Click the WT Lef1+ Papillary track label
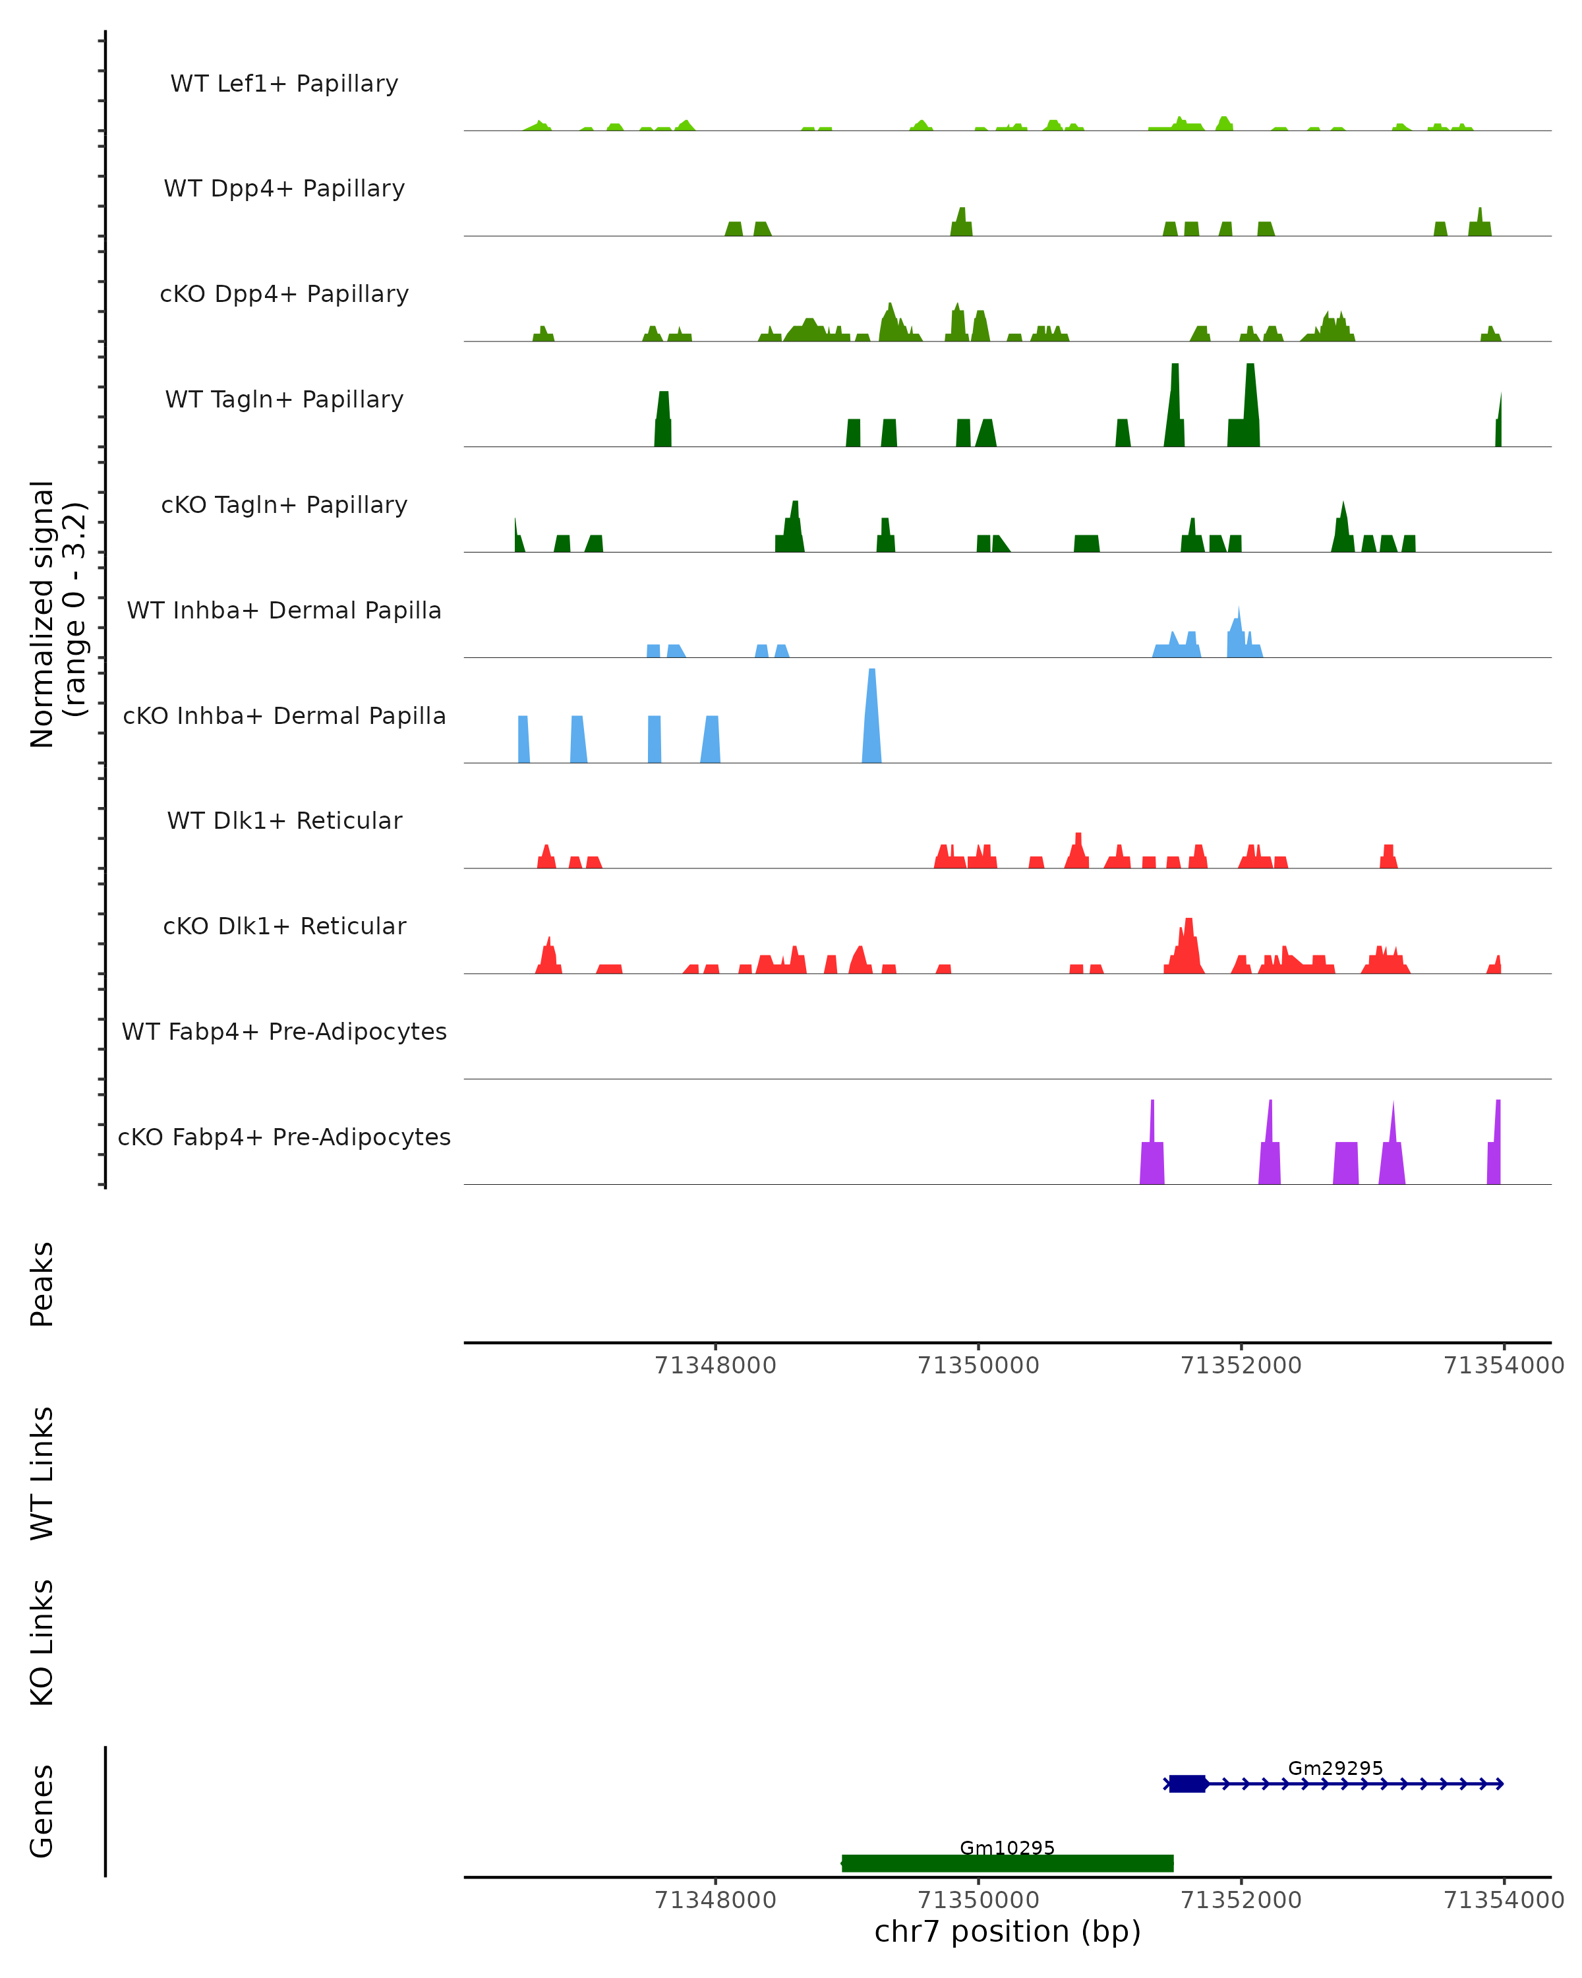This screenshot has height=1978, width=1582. point(284,84)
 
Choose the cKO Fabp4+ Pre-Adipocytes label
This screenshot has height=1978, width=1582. point(284,1137)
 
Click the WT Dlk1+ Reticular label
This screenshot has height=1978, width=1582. point(284,820)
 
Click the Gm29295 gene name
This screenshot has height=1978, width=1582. point(1334,1768)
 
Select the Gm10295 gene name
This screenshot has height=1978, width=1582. point(1007,1847)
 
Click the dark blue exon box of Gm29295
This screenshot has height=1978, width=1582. point(1186,1783)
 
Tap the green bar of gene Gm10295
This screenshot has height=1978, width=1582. point(1007,1863)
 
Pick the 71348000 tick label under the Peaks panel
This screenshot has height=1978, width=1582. point(715,1365)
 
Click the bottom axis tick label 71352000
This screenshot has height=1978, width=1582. point(1241,1900)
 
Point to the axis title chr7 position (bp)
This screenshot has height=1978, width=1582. point(1007,1932)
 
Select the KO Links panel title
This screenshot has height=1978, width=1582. point(42,1642)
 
